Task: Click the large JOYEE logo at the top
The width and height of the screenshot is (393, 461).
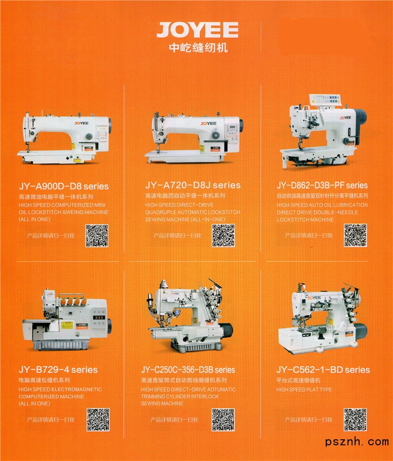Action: click(197, 30)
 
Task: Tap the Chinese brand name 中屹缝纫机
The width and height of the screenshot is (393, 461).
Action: click(198, 48)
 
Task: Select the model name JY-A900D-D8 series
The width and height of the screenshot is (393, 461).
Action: click(64, 186)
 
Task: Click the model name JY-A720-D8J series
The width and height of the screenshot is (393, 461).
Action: click(193, 185)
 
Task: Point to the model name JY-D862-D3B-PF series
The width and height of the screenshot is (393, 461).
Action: click(322, 185)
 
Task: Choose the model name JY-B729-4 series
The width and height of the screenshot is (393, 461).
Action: click(58, 370)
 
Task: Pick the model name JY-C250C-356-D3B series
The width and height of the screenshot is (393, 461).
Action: click(188, 370)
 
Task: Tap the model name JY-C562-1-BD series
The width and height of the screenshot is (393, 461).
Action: click(323, 370)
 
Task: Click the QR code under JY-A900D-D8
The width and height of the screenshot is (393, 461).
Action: click(97, 236)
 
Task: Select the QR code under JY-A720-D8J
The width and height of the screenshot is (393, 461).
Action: click(223, 236)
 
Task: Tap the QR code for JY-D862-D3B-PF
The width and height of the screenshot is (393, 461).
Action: click(356, 235)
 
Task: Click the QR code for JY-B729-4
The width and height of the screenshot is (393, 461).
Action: click(98, 420)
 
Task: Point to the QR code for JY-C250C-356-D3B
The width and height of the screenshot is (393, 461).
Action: click(223, 420)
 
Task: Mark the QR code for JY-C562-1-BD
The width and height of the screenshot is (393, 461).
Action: click(356, 420)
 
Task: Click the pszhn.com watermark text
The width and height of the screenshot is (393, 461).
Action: click(357, 442)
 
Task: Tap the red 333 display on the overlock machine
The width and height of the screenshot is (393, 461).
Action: click(99, 317)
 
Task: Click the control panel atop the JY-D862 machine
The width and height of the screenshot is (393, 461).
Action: click(326, 100)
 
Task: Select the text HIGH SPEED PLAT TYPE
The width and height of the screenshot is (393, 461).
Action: click(304, 390)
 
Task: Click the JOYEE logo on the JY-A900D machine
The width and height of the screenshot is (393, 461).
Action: click(81, 123)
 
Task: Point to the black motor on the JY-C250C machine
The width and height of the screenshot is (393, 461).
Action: click(226, 330)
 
